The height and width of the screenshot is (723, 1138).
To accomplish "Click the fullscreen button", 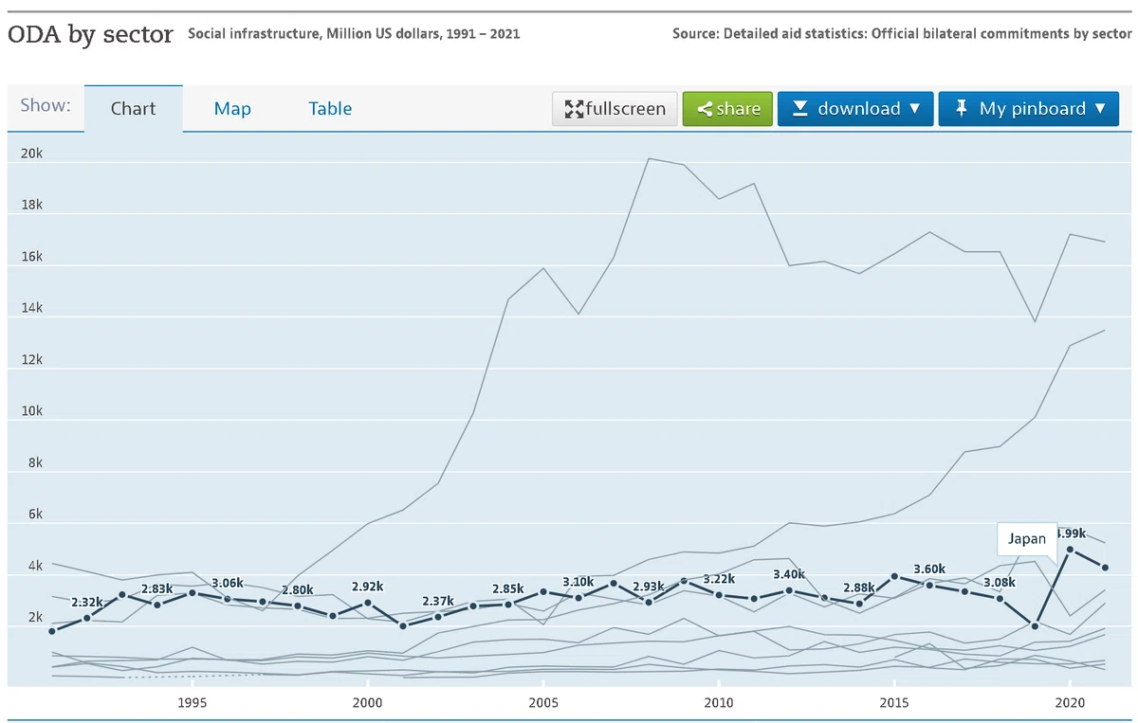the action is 615,109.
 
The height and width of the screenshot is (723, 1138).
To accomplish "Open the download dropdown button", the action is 855,109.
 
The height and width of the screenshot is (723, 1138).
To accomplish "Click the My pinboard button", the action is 1028,109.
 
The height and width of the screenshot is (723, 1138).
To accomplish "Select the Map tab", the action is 232,109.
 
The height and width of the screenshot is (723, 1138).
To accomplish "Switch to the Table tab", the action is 330,109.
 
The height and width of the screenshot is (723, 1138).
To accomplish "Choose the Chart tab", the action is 133,109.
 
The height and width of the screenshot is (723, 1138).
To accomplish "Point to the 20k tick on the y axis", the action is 31,154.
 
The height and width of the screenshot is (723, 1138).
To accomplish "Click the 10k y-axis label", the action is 31,410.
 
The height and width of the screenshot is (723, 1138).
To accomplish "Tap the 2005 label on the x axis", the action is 543,703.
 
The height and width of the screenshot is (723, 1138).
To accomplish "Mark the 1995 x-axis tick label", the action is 192,703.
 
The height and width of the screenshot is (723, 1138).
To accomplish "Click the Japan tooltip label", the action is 1027,538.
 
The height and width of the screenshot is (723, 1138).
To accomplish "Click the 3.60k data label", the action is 929,569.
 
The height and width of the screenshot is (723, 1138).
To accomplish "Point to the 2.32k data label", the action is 87,602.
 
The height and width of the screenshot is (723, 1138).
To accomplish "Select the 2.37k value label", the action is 438,601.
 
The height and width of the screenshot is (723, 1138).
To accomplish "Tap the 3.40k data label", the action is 789,574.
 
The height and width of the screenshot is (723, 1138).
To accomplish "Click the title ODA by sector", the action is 90,34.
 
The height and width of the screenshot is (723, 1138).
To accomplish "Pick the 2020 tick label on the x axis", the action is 1070,703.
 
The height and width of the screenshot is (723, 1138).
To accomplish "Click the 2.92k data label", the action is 367,587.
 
